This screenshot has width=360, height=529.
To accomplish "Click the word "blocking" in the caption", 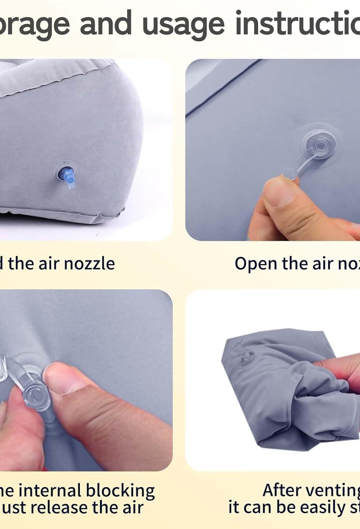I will (x=120, y=491).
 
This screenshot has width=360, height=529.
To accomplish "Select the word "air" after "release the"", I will (x=133, y=508).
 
